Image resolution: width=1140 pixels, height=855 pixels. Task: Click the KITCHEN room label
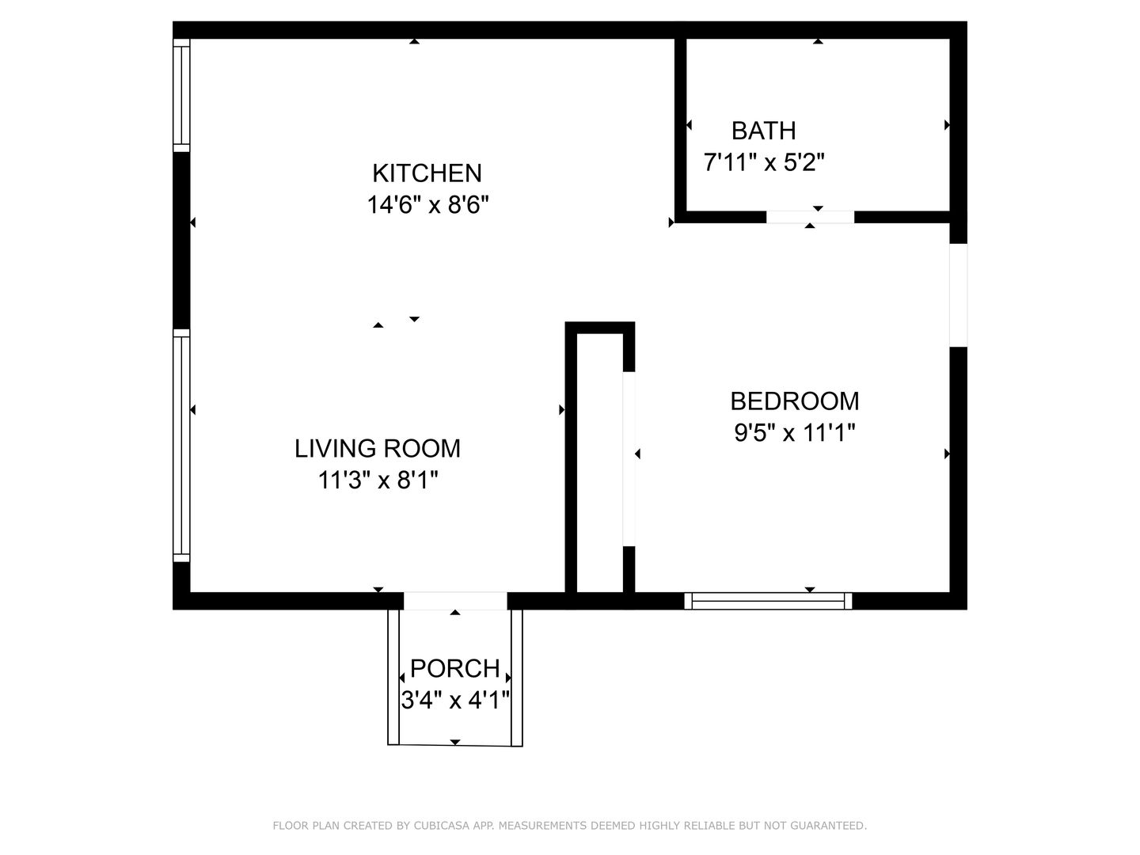click(427, 173)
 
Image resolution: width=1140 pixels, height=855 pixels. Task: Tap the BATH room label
click(763, 131)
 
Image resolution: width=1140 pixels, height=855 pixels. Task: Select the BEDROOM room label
click(795, 401)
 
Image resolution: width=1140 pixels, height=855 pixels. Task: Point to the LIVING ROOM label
click(378, 449)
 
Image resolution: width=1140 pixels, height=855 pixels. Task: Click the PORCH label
click(455, 668)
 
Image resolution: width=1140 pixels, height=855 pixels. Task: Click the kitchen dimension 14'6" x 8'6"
click(428, 204)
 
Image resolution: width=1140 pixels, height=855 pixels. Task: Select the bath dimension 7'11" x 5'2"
click(764, 162)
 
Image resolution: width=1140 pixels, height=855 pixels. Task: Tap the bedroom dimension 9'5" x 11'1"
click(795, 432)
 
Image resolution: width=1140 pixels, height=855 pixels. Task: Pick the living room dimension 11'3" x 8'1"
click(378, 480)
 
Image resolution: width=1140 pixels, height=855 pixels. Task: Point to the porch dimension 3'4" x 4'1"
click(455, 700)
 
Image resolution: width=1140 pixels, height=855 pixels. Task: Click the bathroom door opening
click(810, 217)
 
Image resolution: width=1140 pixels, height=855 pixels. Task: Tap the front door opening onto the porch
click(455, 601)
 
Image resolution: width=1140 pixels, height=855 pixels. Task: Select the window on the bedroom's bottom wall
click(768, 601)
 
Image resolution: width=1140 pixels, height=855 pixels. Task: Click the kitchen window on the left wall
click(181, 96)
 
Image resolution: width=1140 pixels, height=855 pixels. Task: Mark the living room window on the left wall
click(181, 445)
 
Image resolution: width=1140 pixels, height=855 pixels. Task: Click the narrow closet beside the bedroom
click(600, 462)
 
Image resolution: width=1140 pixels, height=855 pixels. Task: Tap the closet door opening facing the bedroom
click(629, 459)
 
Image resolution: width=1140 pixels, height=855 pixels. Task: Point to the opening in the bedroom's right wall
click(958, 294)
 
